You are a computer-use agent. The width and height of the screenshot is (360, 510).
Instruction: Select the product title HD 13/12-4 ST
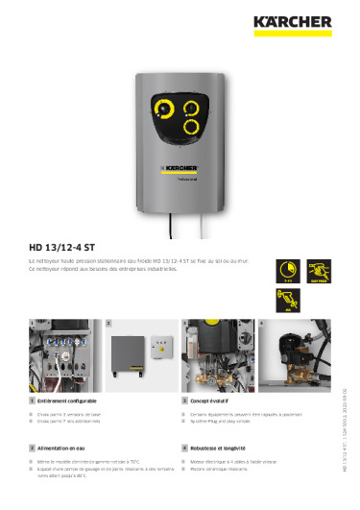click(68, 244)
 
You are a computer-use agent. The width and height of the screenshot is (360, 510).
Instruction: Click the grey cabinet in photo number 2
click(129, 354)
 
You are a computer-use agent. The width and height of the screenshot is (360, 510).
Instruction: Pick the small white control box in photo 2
click(165, 346)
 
